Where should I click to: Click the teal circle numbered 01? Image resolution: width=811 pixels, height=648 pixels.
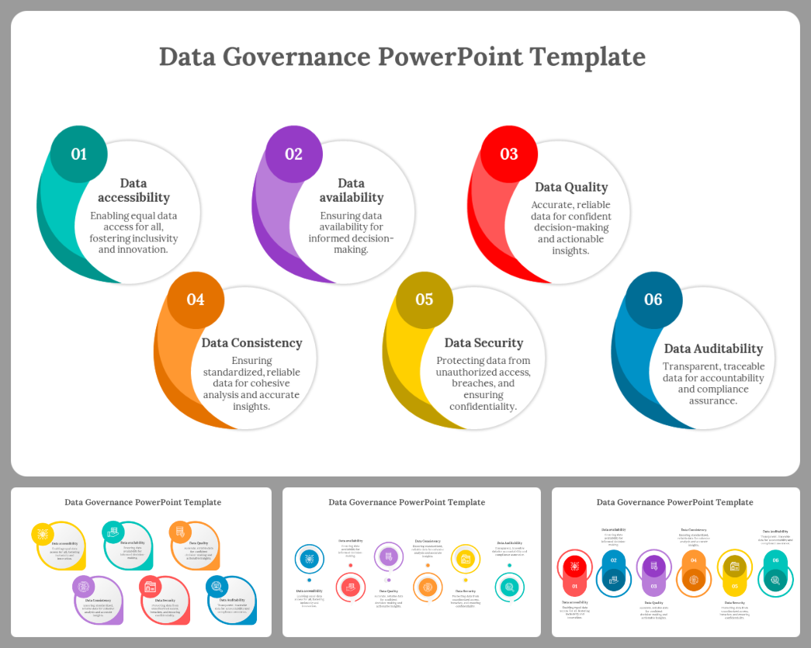tap(79, 154)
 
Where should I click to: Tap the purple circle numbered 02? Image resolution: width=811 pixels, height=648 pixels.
tap(294, 154)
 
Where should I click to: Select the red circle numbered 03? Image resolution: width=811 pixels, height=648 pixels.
tap(509, 154)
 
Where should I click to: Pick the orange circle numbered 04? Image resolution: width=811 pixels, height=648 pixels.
tap(196, 300)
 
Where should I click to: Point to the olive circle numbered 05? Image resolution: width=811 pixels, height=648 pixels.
tap(425, 300)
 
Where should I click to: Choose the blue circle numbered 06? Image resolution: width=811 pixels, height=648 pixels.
tap(653, 300)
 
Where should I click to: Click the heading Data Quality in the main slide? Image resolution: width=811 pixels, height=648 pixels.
tap(571, 187)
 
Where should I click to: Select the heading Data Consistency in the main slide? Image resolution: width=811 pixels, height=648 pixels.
tap(251, 343)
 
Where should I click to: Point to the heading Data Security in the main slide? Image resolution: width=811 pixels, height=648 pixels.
tap(483, 343)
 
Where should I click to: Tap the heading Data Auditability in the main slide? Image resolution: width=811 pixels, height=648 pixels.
tap(713, 348)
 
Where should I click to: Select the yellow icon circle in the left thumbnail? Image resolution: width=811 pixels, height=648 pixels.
tap(42, 534)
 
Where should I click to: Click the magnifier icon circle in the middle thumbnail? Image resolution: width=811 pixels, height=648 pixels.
tap(509, 587)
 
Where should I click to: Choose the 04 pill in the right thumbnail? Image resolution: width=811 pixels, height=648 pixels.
tap(694, 560)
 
